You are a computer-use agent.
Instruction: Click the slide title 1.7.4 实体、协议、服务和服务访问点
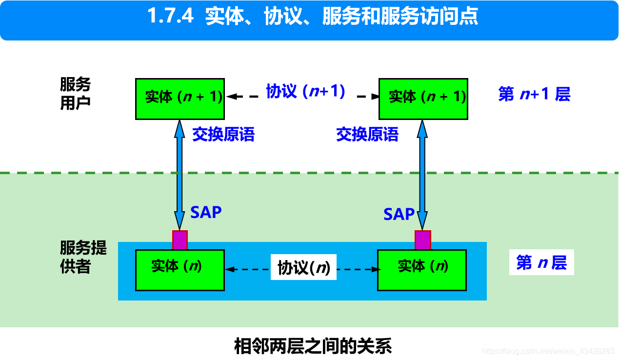coord(312,17)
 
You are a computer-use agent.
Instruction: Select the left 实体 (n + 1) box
coord(180,98)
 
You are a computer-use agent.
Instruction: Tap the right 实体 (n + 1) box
coord(422,98)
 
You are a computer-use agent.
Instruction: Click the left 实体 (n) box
coord(180,270)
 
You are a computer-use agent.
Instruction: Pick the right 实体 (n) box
coord(422,270)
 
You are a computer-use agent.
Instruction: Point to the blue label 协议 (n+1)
coord(305,91)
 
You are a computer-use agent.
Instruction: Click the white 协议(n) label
coord(303,267)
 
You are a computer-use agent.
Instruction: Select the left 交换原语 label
coord(223,135)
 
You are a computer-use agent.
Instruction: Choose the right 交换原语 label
coord(367,135)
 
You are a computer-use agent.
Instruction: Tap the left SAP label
coord(206,212)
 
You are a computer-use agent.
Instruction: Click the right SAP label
coord(399,214)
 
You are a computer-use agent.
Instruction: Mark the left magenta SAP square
coord(180,240)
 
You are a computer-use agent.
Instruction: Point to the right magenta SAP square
coord(422,240)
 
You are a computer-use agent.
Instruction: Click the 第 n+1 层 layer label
coord(534,94)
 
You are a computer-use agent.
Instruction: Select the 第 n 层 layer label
coord(541,263)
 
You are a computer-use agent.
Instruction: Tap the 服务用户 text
coord(76,94)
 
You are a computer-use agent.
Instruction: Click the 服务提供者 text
coord(83,257)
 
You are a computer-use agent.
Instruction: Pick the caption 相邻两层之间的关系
coord(313,346)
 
